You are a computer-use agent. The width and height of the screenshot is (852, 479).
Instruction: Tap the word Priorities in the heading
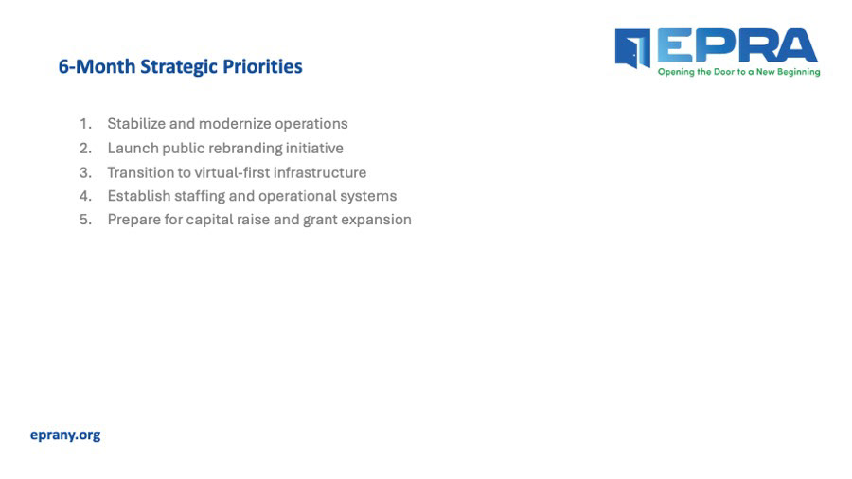tap(262, 66)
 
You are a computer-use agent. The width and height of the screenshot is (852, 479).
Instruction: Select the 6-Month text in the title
tap(97, 66)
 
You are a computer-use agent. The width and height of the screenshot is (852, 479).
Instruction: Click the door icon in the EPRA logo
tap(632, 48)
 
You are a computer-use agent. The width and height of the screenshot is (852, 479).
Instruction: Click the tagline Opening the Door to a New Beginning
tap(739, 72)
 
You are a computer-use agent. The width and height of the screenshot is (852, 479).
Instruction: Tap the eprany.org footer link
tap(65, 435)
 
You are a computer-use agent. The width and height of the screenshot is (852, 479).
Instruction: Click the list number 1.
tap(85, 124)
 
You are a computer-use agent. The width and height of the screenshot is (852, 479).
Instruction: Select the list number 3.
tap(85, 172)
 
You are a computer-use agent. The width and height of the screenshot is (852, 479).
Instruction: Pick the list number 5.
tap(85, 220)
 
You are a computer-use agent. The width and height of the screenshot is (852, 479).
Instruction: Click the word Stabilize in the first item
tap(136, 124)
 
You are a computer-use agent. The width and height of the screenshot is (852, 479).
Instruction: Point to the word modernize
tap(235, 124)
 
